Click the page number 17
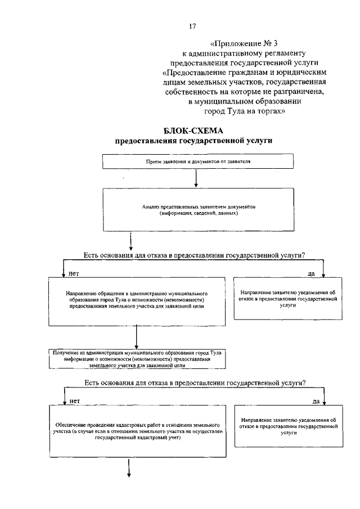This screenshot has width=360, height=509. click(193, 26)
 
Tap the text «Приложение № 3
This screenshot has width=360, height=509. click(241, 44)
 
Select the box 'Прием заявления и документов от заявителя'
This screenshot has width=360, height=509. click(198, 161)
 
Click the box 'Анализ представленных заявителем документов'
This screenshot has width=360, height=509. click(198, 209)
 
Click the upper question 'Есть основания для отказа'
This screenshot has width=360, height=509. click(194, 255)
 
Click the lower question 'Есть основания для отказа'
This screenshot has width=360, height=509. click(194, 383)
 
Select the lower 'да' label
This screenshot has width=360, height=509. click(316, 402)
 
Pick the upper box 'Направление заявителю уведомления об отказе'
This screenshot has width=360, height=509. click(287, 299)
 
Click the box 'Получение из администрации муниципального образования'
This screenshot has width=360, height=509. click(137, 358)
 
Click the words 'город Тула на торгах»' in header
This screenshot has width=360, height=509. click(245, 111)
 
